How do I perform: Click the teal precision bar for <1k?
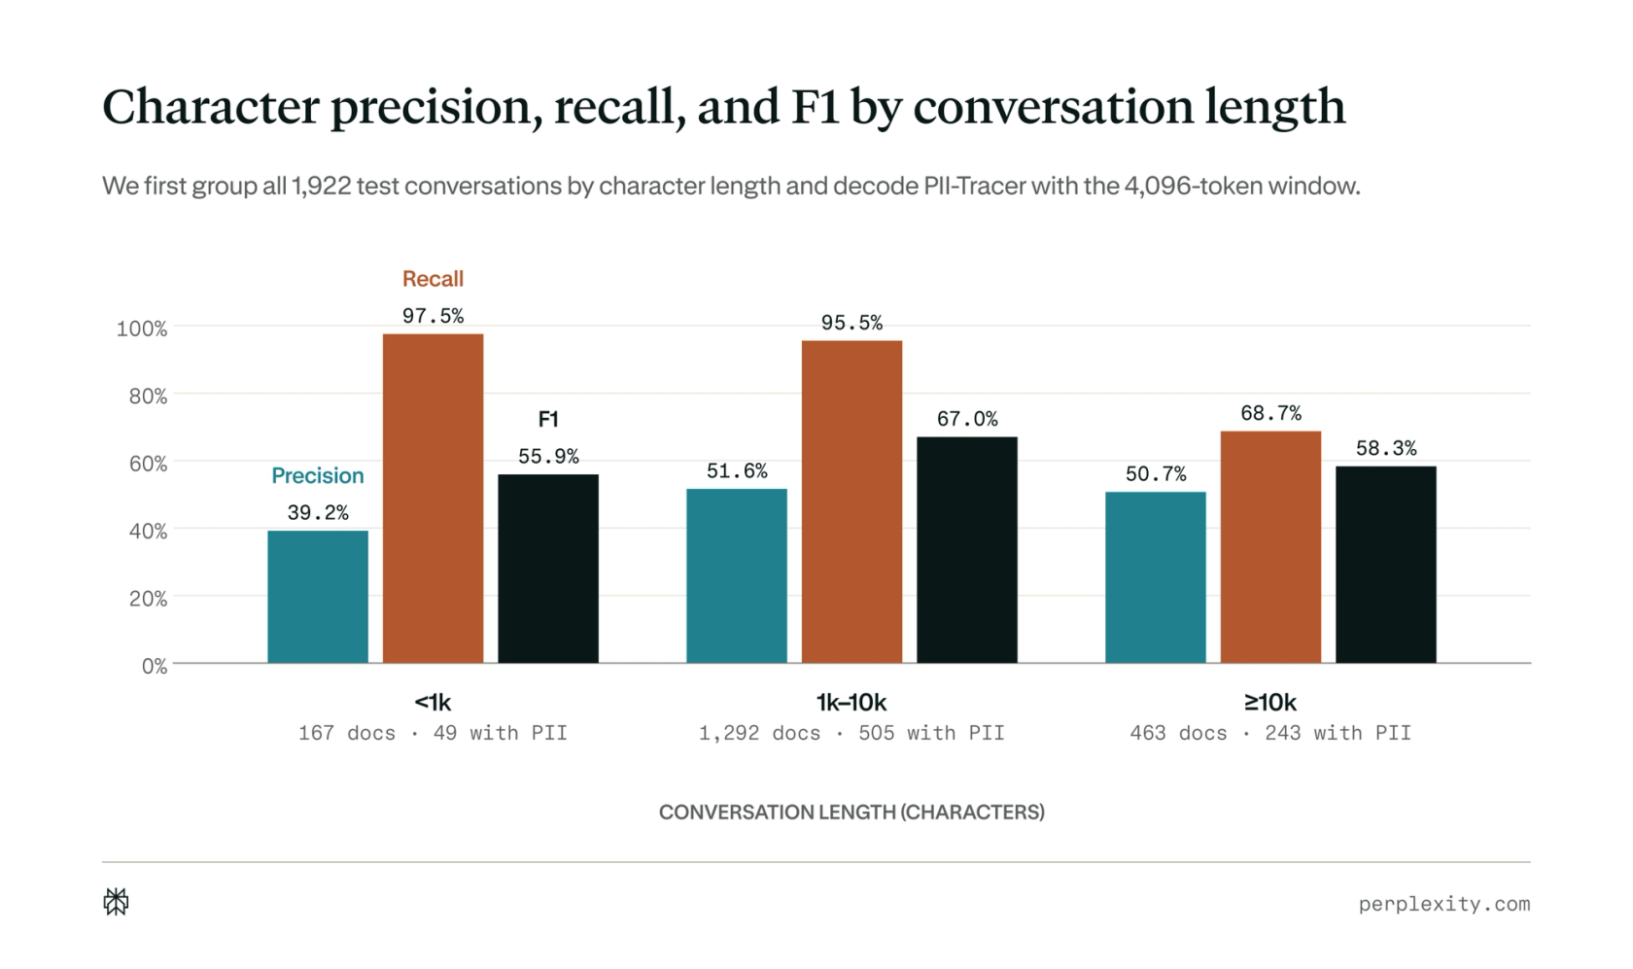pyautogui.click(x=318, y=597)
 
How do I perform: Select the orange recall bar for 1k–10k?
pyautogui.click(x=851, y=502)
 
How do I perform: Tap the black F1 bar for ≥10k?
pyautogui.click(x=1386, y=565)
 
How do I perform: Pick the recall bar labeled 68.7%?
pyautogui.click(x=1270, y=547)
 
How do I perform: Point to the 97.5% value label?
pyautogui.click(x=434, y=316)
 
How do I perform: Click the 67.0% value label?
pyautogui.click(x=967, y=419)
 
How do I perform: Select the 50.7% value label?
pyautogui.click(x=1156, y=474)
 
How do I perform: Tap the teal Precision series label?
pyautogui.click(x=318, y=475)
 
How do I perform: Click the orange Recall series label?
pyautogui.click(x=434, y=279)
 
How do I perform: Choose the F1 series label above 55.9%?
pyautogui.click(x=548, y=419)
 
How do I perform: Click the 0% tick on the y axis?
pyautogui.click(x=155, y=666)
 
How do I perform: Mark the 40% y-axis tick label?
pyautogui.click(x=148, y=531)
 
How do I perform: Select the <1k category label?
pyautogui.click(x=434, y=702)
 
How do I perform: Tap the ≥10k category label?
pyautogui.click(x=1269, y=702)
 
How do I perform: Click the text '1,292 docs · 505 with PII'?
pyautogui.click(x=851, y=733)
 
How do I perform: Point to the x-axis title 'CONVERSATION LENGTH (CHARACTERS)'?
pyautogui.click(x=851, y=813)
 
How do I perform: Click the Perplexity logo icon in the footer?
pyautogui.click(x=116, y=902)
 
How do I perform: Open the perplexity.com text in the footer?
pyautogui.click(x=1444, y=904)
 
